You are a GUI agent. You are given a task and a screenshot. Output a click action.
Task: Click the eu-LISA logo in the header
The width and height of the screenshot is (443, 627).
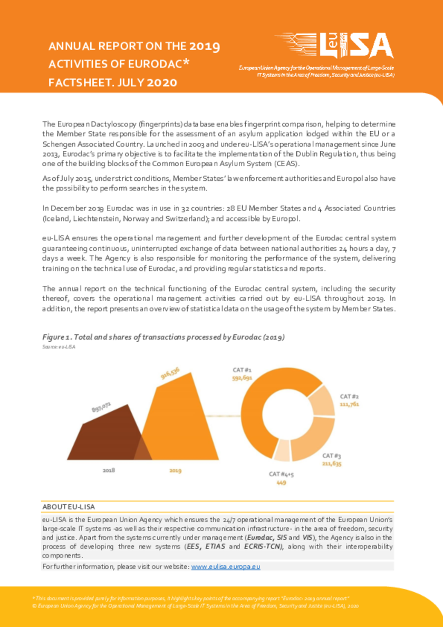coord(334,46)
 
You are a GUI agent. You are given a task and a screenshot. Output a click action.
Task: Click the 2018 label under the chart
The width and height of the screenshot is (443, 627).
coord(109,470)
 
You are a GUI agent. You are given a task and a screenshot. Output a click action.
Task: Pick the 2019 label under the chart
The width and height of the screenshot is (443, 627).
coord(175,470)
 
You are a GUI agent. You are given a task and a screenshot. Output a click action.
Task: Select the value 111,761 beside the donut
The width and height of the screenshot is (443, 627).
coord(349,404)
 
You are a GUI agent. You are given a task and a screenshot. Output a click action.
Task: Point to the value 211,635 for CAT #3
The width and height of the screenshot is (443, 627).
coord(332,464)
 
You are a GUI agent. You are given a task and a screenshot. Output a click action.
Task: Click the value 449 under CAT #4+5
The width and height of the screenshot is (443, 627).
coord(281,483)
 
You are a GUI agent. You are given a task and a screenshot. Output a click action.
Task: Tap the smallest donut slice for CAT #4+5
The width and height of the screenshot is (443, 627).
coord(283,451)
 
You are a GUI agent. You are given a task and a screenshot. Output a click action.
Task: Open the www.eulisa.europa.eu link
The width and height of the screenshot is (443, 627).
coord(226,566)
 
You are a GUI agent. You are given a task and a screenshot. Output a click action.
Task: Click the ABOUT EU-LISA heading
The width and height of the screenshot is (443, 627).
coord(69,507)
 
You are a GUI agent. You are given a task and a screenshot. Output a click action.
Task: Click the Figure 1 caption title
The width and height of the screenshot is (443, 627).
coord(163,337)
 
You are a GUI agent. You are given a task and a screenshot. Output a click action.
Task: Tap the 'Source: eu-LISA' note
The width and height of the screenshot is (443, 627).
coord(55,346)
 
